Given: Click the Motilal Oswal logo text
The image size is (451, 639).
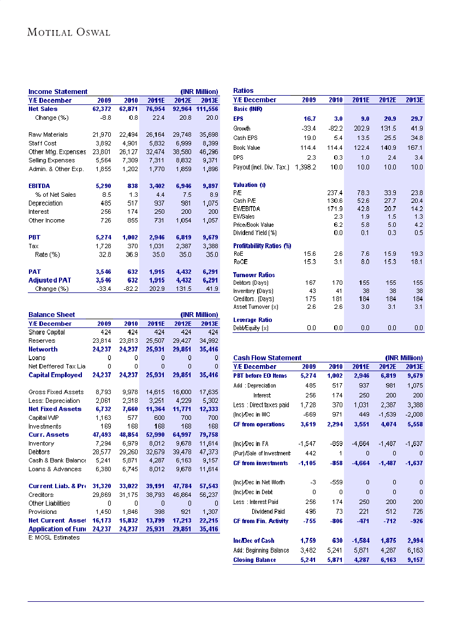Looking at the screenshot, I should click(69, 32).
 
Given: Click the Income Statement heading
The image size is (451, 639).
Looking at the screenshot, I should click(58, 92).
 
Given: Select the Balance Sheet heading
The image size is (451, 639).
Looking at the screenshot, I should click(52, 315).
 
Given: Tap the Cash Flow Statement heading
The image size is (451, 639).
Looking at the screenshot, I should click(267, 358).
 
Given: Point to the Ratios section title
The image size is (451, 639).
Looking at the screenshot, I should click(243, 91).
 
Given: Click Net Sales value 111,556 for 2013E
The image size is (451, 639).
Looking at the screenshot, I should click(206, 109).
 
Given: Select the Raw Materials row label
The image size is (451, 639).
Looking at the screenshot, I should click(48, 134).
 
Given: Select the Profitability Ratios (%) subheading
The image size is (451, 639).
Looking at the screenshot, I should click(262, 245).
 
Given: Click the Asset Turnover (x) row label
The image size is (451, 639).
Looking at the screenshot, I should click(256, 307).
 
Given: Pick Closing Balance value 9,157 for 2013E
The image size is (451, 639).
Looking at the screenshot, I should click(414, 560).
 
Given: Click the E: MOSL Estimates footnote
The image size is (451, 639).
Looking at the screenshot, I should click(54, 537).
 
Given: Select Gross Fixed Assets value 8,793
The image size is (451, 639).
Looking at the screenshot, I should click(103, 392).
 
